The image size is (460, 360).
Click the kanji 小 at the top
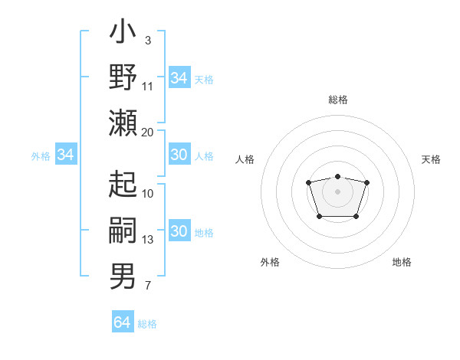tap(123, 34)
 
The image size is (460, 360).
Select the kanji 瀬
tap(123, 123)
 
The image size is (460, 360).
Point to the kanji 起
tap(123, 184)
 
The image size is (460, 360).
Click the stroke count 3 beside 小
tap(147, 40)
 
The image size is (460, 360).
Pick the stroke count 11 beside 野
tap(148, 87)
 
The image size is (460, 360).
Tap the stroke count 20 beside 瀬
tap(148, 132)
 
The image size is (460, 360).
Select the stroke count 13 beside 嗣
tap(148, 240)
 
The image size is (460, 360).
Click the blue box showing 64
tap(122, 322)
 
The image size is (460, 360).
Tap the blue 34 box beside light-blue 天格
tap(179, 78)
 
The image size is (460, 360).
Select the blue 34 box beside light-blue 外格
tap(65, 155)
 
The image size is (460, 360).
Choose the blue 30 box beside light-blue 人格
tap(179, 155)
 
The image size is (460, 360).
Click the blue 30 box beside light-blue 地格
tap(179, 232)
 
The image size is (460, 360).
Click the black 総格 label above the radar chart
tap(337, 100)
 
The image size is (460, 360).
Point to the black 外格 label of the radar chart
tap(270, 262)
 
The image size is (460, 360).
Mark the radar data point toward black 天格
tap(366, 182)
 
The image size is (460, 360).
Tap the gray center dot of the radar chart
tap(337, 191)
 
